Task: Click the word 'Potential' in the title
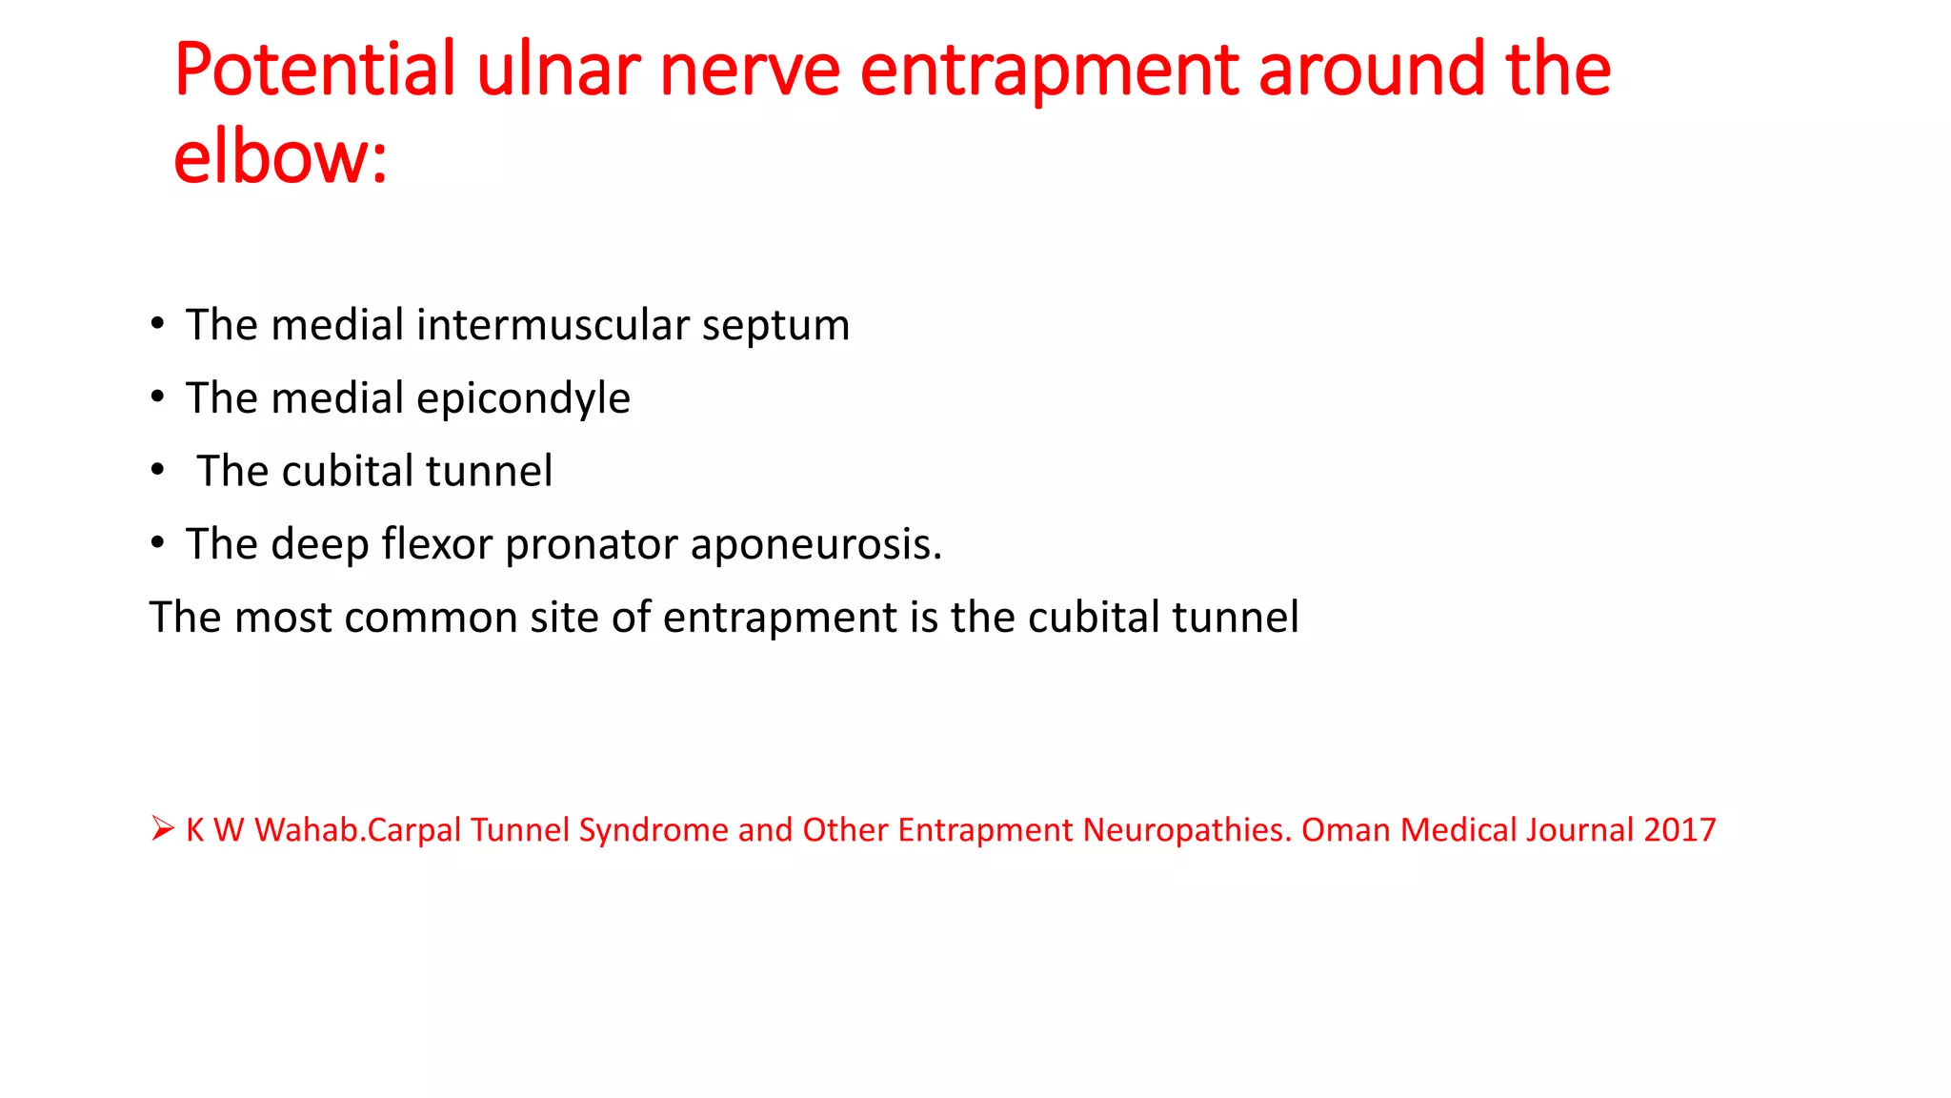pyautogui.click(x=315, y=71)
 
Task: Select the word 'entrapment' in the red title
pyautogui.click(x=1049, y=71)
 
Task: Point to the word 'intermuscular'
pyautogui.click(x=553, y=325)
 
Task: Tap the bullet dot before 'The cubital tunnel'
pyautogui.click(x=158, y=470)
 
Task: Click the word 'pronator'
pyautogui.click(x=592, y=545)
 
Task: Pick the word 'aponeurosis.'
pyautogui.click(x=815, y=545)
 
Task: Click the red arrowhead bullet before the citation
pyautogui.click(x=162, y=828)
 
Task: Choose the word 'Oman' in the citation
pyautogui.click(x=1345, y=830)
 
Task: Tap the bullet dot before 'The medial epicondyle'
pyautogui.click(x=158, y=396)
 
